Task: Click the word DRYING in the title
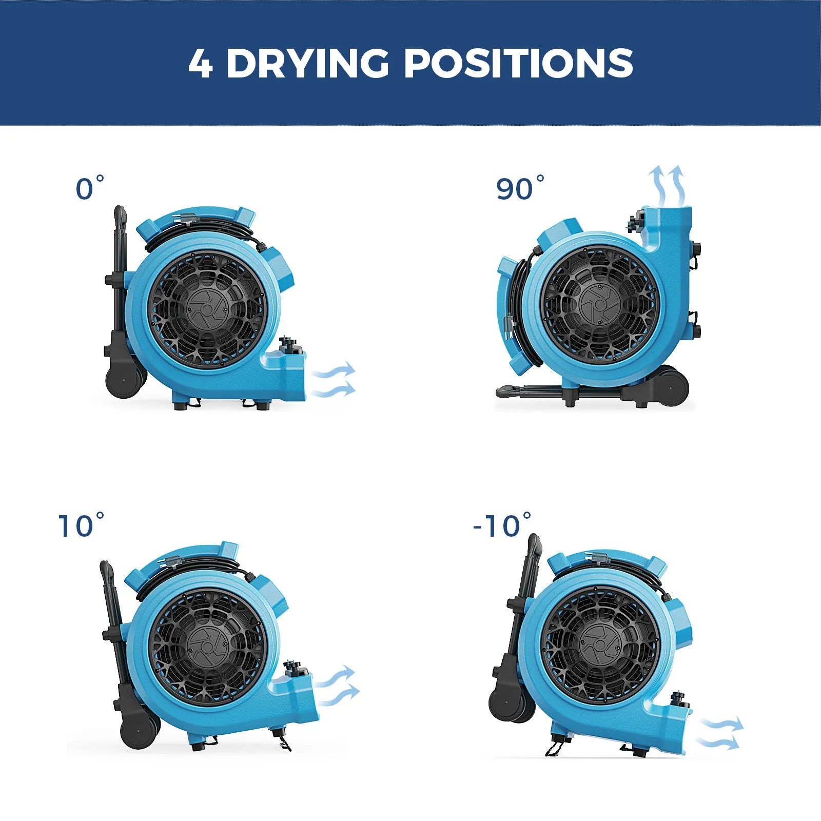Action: [307, 64]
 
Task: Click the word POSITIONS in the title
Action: [518, 64]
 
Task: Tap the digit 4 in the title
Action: [200, 64]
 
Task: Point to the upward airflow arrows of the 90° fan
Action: [667, 185]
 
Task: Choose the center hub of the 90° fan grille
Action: [598, 306]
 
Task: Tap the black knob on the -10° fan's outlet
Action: [679, 699]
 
